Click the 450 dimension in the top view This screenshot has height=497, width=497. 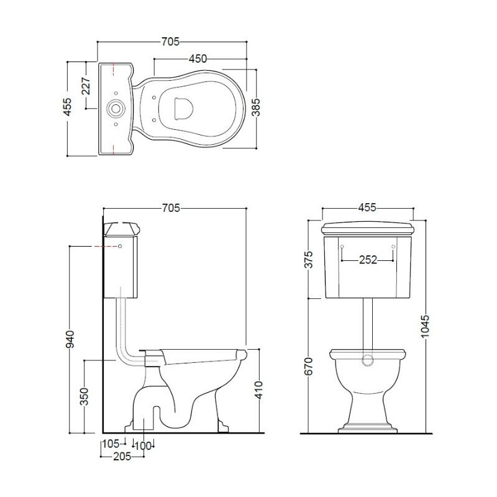(198, 58)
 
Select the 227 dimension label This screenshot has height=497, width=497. (86, 86)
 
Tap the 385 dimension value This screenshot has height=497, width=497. (255, 107)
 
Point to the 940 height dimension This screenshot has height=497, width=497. (70, 339)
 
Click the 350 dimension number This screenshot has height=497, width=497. (84, 396)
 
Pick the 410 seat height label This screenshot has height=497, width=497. (258, 390)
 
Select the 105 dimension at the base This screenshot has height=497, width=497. (111, 444)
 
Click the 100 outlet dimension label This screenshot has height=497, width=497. (143, 446)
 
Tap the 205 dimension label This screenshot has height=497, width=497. (122, 457)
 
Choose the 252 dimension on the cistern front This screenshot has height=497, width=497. (368, 260)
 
